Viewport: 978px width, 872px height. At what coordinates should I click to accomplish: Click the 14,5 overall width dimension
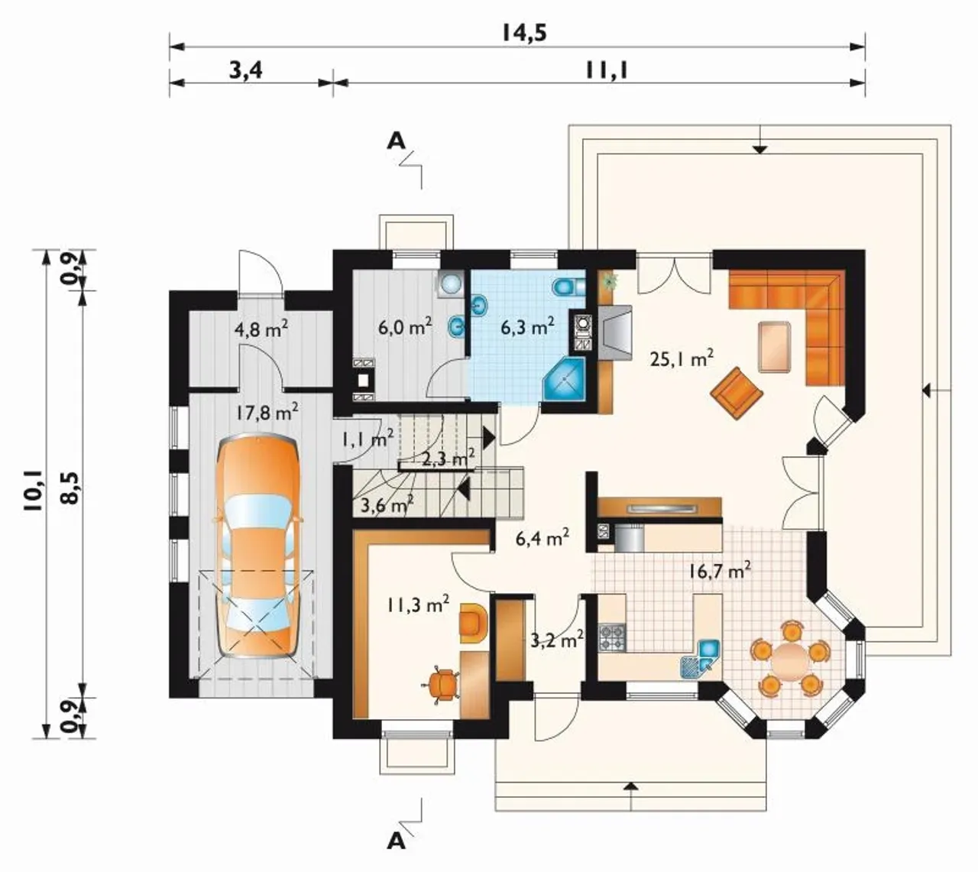click(523, 34)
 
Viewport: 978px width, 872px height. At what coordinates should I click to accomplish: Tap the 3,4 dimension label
click(246, 71)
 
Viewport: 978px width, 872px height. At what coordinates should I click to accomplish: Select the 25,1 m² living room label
click(681, 358)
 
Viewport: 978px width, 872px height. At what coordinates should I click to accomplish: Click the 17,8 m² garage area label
click(267, 413)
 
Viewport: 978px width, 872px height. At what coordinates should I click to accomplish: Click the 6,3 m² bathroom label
click(527, 327)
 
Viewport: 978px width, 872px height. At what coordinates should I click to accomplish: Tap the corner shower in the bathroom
click(565, 379)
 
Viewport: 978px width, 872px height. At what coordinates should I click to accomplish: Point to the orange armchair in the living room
click(737, 393)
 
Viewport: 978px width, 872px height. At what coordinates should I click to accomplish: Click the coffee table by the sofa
click(775, 347)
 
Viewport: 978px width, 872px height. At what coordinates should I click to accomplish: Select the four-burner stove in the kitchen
click(612, 637)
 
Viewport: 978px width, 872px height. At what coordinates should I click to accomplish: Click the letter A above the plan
click(397, 141)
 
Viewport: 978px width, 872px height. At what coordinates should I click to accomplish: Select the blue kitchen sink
click(709, 648)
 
